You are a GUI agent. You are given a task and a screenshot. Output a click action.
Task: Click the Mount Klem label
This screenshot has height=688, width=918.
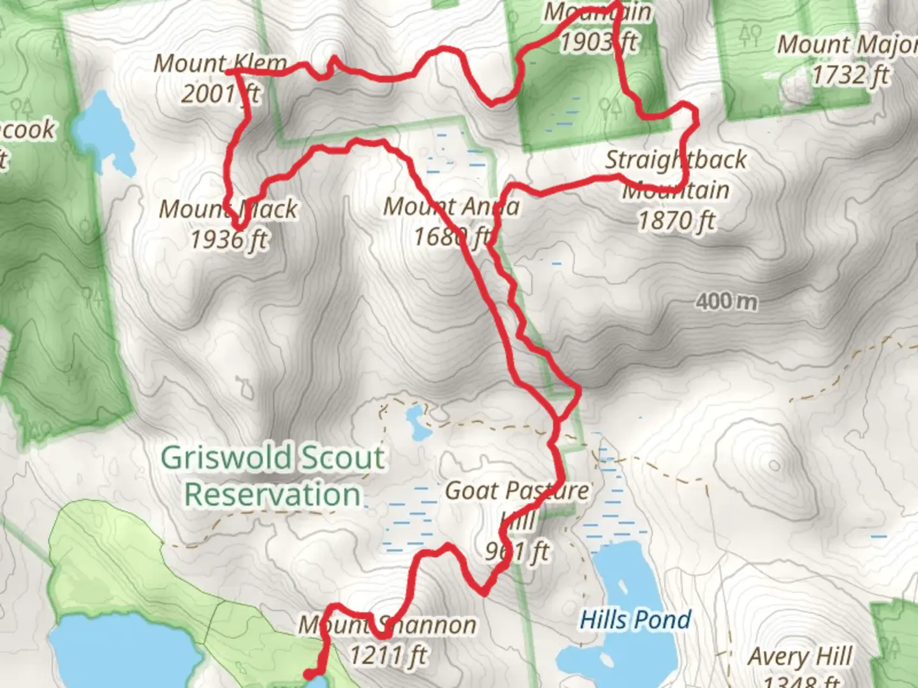(220, 63)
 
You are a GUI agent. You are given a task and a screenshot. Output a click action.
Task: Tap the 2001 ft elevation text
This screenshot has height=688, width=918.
(220, 94)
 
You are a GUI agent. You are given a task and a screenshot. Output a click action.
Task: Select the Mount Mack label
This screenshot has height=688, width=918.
(228, 209)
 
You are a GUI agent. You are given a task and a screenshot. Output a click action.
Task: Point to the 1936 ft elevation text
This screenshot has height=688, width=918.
(229, 240)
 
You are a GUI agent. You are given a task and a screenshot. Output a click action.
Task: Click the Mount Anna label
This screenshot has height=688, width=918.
(451, 206)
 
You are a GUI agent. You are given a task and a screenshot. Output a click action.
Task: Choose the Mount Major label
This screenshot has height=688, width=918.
(847, 45)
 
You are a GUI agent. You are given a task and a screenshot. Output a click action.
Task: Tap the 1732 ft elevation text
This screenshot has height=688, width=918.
(850, 75)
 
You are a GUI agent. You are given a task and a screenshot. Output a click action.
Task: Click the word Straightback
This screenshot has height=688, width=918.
(676, 159)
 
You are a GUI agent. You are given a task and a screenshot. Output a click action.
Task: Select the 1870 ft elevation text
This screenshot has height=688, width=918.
(676, 221)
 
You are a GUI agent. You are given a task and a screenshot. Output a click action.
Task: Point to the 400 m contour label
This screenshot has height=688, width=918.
(726, 301)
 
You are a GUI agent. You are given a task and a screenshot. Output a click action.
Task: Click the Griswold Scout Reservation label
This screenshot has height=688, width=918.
(273, 476)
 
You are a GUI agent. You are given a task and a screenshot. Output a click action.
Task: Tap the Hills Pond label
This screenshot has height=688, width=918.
(635, 619)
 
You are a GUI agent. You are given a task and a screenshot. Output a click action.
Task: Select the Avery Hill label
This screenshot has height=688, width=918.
(800, 656)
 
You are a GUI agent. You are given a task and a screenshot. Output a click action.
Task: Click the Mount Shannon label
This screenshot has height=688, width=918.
(387, 625)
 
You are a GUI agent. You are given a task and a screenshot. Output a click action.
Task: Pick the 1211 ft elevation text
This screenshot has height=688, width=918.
(388, 655)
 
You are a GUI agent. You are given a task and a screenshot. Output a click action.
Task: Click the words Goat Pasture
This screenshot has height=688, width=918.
(517, 491)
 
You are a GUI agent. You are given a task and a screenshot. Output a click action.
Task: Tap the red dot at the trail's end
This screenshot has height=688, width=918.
(309, 674)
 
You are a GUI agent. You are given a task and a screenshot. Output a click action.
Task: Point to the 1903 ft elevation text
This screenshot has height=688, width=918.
(598, 42)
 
